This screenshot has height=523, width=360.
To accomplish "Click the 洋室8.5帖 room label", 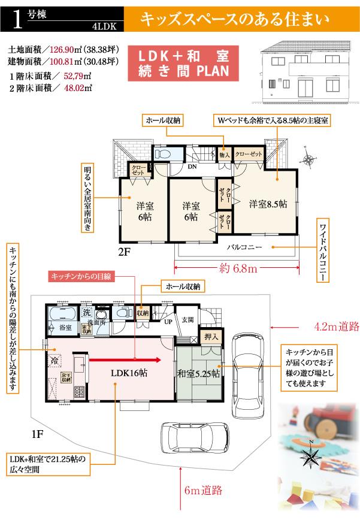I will (268, 204).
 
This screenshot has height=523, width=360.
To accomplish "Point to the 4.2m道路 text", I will (336, 327).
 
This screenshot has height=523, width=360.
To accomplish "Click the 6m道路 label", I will (204, 490).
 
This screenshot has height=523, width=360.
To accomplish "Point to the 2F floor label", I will (124, 252).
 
